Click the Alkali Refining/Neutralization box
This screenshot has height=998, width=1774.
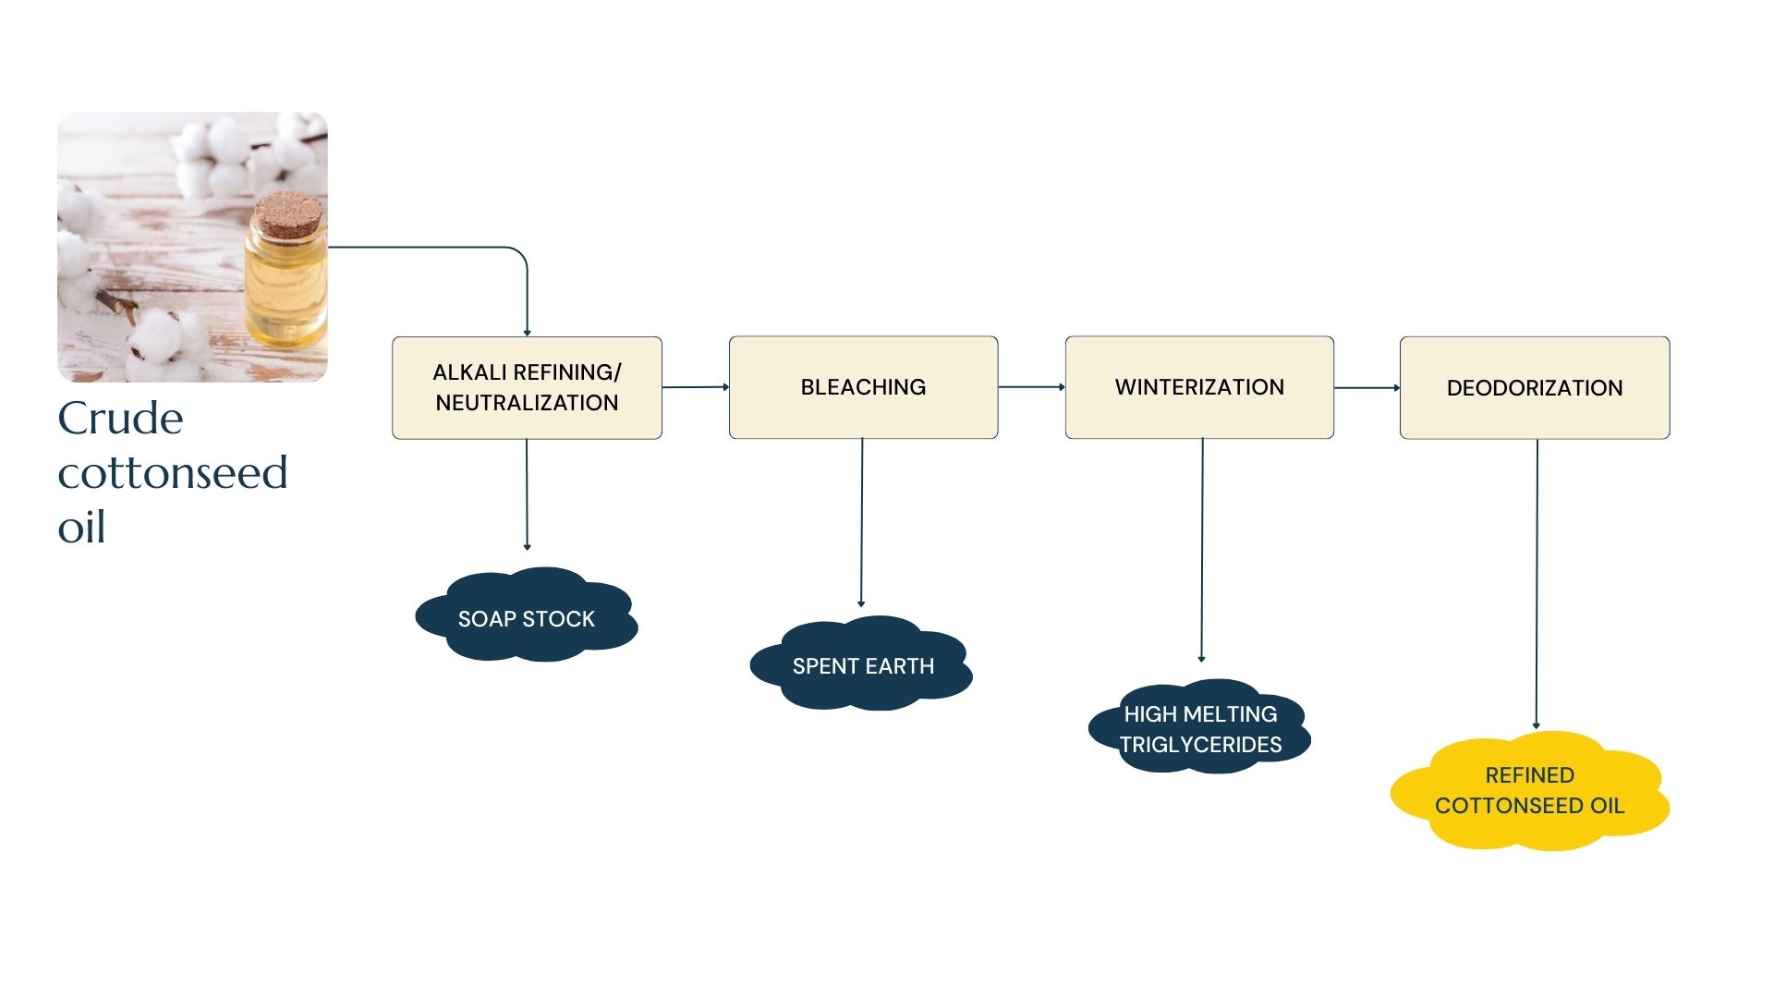[527, 387]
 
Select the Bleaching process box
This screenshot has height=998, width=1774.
[863, 387]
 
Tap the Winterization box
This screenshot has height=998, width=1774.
[1199, 387]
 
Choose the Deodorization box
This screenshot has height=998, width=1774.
[1535, 388]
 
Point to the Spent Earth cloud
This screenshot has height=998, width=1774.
[862, 664]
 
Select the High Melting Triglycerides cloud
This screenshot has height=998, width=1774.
[1200, 727]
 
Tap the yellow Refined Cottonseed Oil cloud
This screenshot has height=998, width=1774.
[1530, 791]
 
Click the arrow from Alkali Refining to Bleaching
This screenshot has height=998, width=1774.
[696, 387]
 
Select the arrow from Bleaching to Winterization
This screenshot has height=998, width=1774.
[1031, 387]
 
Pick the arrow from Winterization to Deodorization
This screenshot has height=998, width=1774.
[1367, 388]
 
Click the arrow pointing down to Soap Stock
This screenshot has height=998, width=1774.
[527, 494]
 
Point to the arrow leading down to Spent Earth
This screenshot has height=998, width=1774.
[861, 522]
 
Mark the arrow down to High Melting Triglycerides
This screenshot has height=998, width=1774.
[1201, 550]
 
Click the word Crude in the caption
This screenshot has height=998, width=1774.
[120, 419]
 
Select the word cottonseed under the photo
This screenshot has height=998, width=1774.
[173, 473]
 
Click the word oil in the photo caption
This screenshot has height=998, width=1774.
[81, 528]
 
